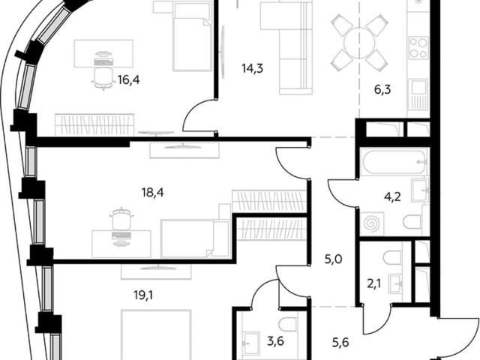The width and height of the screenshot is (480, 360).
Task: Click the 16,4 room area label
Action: [x=128, y=80]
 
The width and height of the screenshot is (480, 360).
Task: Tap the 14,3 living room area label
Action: [x=253, y=68]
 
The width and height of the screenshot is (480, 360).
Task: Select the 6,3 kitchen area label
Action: [x=382, y=90]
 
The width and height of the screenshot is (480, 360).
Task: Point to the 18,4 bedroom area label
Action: [x=152, y=193]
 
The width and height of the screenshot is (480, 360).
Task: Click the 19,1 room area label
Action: [x=144, y=295]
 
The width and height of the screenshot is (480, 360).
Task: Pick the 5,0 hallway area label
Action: [x=333, y=259]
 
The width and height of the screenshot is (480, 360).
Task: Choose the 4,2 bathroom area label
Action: [x=392, y=197]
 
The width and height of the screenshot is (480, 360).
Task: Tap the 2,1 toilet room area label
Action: [x=373, y=285]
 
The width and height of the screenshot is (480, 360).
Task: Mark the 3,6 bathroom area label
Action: [x=275, y=340]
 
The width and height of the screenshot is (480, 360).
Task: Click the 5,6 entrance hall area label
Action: [x=340, y=343]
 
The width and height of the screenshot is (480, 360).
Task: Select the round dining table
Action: [x=359, y=43]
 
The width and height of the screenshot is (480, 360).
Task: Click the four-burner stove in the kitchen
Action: [x=418, y=48]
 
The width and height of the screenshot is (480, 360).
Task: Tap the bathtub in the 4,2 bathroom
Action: [x=394, y=162]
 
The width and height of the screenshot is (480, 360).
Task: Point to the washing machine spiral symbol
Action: [x=371, y=223]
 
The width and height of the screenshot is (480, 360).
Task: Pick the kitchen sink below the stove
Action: [x=418, y=94]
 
